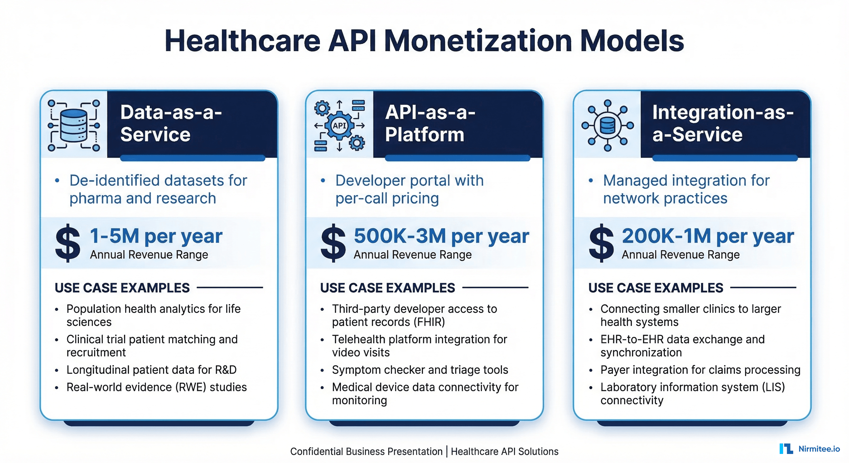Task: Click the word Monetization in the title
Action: tap(478, 41)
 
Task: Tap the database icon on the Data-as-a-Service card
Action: tap(74, 125)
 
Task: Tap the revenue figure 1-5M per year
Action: tap(156, 236)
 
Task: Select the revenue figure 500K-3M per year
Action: tap(441, 236)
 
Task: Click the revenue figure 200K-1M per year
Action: tap(708, 236)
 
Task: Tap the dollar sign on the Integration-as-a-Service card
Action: tap(601, 243)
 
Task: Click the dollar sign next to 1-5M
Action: tap(68, 243)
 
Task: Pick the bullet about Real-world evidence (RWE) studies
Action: tap(156, 387)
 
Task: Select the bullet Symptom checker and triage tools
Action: tap(420, 370)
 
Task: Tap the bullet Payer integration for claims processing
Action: tap(700, 370)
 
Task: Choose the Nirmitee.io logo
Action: tap(810, 449)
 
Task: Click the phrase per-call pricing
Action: tap(387, 198)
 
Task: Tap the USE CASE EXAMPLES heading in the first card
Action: tap(122, 288)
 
